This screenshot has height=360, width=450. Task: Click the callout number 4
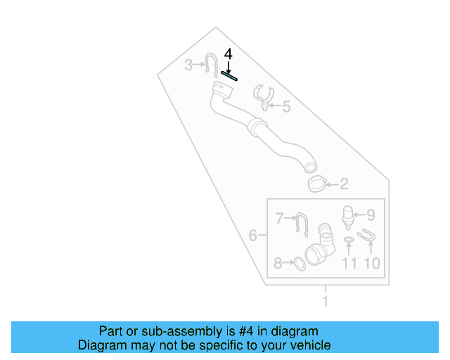227,53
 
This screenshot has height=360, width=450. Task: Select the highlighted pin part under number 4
229,75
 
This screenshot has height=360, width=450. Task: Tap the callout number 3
188,65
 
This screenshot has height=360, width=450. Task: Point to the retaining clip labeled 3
211,63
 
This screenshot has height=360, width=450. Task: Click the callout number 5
285,107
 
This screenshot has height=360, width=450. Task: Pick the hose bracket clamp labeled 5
262,96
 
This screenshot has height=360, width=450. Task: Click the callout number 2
344,185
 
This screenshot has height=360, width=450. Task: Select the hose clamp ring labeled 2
316,184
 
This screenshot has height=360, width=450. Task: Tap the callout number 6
252,235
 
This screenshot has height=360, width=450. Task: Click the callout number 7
278,219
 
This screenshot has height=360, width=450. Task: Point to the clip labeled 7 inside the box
300,224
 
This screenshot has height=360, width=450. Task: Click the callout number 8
278,263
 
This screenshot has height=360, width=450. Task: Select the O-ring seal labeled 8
299,263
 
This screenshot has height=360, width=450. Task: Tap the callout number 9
371,214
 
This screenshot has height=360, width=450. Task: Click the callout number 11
349,263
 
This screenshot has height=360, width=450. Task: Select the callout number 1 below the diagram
325,302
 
